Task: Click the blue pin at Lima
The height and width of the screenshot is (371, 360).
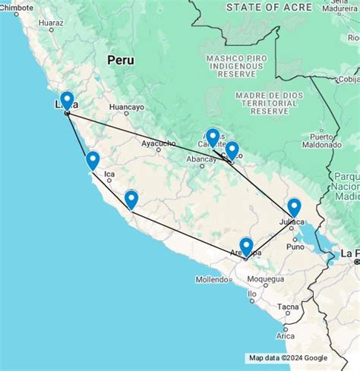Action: point(67,101)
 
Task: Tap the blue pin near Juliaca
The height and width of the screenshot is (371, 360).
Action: point(294,207)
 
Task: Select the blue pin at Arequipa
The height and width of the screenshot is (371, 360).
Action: point(246,247)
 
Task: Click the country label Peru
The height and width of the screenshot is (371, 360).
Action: point(120,59)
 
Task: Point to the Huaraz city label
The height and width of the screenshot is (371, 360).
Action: point(51,24)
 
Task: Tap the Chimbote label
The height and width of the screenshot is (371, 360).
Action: point(17,7)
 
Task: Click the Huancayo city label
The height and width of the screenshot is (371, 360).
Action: point(126,108)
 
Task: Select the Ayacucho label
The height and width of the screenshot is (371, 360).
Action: point(159,143)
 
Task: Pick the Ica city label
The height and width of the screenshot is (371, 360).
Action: point(109,174)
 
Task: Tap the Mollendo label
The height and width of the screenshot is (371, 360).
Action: point(212,280)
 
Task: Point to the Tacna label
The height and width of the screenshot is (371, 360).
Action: point(288,307)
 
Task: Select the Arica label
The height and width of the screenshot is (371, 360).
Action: point(285,335)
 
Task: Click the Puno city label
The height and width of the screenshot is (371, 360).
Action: point(295,247)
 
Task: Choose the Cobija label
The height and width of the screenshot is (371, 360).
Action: point(349,79)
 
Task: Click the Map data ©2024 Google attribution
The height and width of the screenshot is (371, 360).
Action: point(288,358)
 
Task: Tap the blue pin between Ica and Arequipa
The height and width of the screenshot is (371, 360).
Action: point(131,200)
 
